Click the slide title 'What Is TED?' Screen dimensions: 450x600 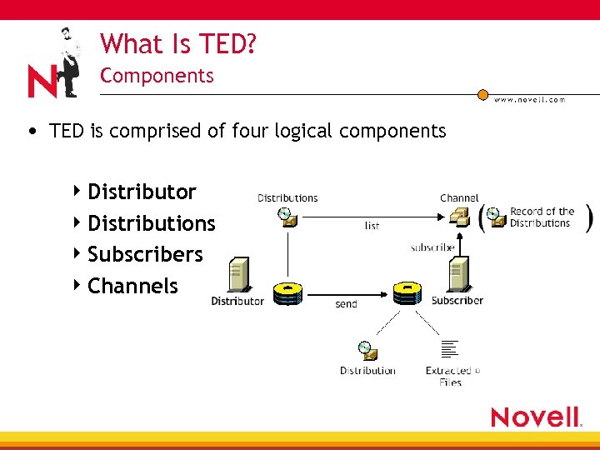(x=177, y=43)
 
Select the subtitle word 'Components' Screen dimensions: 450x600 (x=157, y=76)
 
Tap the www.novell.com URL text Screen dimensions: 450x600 (x=529, y=100)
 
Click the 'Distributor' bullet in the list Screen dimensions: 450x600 (x=142, y=192)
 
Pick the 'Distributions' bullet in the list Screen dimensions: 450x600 (x=151, y=223)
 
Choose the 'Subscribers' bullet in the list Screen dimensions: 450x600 (x=145, y=254)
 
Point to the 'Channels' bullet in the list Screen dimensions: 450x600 (x=132, y=286)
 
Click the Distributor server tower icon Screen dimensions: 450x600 (x=239, y=274)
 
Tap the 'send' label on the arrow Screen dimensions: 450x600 (x=346, y=304)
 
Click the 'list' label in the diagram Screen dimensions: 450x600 (x=372, y=226)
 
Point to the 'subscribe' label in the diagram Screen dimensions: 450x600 (x=432, y=247)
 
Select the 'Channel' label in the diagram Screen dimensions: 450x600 (x=459, y=198)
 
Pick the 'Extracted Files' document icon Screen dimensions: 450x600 (x=450, y=350)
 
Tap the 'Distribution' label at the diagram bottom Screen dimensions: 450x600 (x=367, y=371)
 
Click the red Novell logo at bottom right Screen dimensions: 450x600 (x=536, y=417)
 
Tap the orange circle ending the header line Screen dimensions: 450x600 (x=482, y=95)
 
